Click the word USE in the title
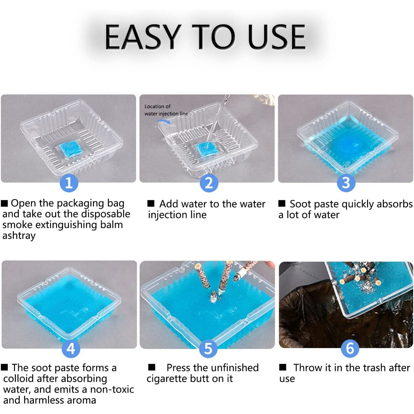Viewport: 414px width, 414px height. [x=277, y=37]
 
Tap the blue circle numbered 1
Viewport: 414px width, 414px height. [x=69, y=183]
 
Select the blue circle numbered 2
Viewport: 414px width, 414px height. [x=209, y=183]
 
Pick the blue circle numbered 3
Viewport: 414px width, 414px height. [x=346, y=183]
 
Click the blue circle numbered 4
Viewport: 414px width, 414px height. [x=71, y=349]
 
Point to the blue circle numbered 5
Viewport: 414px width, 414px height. [x=208, y=349]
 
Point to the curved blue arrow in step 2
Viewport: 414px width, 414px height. [x=163, y=121]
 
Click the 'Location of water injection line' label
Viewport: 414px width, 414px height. [x=166, y=110]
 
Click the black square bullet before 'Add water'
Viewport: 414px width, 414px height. [x=151, y=203]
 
